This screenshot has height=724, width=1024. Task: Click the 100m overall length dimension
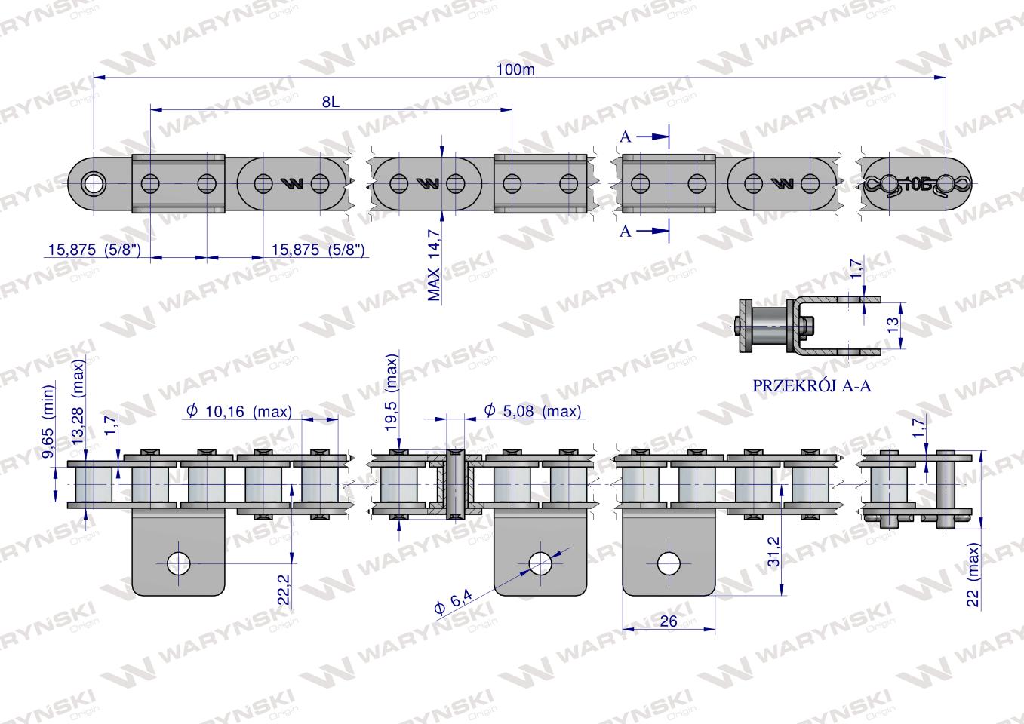click(515, 70)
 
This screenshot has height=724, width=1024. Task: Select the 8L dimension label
click(331, 102)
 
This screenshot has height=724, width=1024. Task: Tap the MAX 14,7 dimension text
click(434, 265)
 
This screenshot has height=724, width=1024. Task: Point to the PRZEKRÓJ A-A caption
click(811, 386)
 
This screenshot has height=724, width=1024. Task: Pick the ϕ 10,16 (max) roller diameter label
click(239, 411)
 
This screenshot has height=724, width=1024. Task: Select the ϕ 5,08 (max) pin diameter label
click(533, 411)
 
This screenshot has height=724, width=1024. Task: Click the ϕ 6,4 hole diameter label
click(454, 603)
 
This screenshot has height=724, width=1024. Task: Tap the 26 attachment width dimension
click(669, 621)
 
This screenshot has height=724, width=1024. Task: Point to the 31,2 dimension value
click(773, 551)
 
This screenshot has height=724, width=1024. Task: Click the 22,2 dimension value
click(284, 589)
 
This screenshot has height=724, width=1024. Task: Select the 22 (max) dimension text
click(973, 574)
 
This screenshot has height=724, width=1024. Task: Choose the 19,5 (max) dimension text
click(392, 393)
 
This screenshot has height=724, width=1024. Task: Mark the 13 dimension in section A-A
click(892, 325)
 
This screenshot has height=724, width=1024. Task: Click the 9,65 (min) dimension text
click(48, 421)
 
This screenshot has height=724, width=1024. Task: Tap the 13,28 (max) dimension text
click(78, 402)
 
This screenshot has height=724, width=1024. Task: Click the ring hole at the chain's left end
click(94, 184)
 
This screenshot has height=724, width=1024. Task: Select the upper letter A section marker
click(626, 137)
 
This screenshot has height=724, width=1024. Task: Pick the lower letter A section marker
click(626, 232)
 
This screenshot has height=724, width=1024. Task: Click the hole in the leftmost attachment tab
click(179, 563)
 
